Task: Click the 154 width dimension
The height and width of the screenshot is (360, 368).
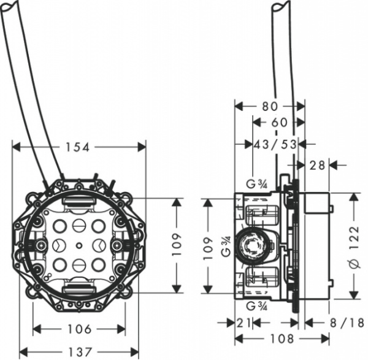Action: point(79,147)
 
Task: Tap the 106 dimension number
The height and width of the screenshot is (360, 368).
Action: point(79,329)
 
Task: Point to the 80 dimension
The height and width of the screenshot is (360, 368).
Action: point(270,106)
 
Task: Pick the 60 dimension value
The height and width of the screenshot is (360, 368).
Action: point(279,123)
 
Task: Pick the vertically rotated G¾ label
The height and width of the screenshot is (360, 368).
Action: point(226,245)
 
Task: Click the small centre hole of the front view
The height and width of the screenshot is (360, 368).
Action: point(79,245)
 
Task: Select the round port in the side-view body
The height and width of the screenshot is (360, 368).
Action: point(253,245)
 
